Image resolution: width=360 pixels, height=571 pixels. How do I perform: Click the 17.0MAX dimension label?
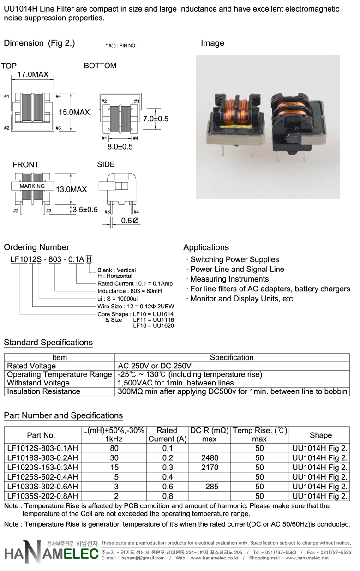click(33, 74)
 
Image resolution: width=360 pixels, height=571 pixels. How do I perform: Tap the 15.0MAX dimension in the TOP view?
click(74, 112)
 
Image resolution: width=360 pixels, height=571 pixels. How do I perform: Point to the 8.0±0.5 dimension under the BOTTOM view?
click(120, 147)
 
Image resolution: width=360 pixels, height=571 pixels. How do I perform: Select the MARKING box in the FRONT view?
click(32, 186)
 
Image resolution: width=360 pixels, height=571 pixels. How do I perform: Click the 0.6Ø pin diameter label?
click(130, 221)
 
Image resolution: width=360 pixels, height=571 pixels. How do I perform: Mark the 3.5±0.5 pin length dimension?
click(85, 210)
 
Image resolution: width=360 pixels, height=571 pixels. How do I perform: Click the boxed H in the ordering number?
click(89, 259)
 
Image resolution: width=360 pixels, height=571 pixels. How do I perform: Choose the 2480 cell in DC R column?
click(210, 457)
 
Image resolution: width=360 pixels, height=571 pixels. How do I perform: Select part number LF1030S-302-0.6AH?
click(42, 487)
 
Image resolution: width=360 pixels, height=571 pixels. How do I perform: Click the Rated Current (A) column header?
click(168, 435)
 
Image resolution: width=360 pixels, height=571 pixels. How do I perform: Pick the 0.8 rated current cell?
click(168, 496)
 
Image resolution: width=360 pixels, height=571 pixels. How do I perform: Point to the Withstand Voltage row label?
click(38, 383)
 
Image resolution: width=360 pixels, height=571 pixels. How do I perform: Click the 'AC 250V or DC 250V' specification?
click(155, 366)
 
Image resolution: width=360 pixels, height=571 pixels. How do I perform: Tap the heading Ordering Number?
click(36, 247)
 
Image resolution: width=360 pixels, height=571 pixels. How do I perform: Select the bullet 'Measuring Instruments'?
click(229, 279)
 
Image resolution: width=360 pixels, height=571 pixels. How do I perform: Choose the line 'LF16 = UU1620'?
click(154, 325)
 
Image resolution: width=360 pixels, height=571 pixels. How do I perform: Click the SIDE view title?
click(106, 164)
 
